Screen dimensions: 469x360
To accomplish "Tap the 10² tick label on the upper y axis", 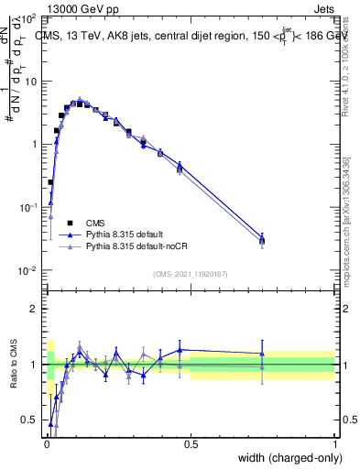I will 29,18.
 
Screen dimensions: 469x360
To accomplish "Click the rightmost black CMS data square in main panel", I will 263,241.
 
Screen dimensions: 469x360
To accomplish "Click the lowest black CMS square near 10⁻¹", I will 50,182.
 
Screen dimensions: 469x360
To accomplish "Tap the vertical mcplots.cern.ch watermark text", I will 345,220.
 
